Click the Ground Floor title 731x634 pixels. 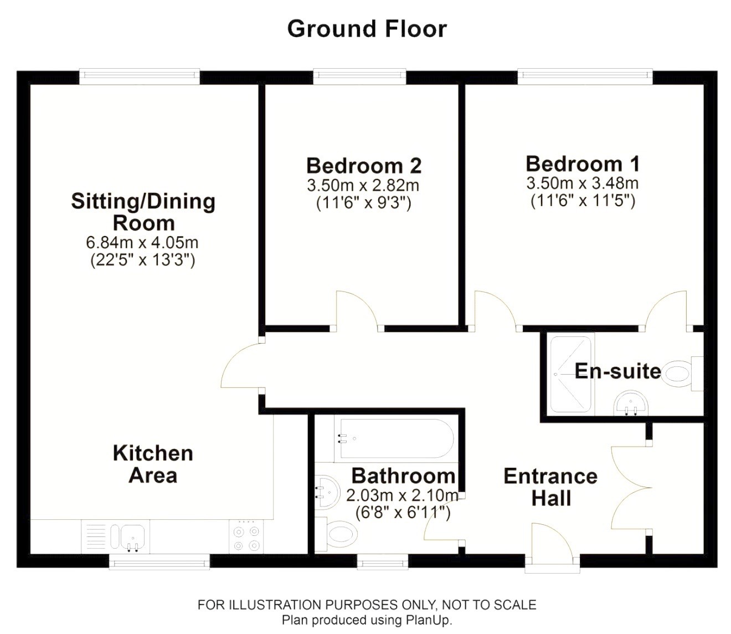(x=367, y=29)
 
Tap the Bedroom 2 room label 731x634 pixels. (x=364, y=166)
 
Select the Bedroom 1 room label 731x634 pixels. (x=583, y=164)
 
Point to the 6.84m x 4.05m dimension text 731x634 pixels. (x=142, y=243)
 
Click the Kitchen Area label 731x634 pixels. (x=153, y=464)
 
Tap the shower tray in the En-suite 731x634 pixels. (x=570, y=375)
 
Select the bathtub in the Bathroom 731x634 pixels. (x=394, y=438)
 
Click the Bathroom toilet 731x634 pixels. (x=336, y=534)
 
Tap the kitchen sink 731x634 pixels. (x=132, y=536)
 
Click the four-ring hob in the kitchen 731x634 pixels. (x=246, y=536)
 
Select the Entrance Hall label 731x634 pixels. (x=551, y=487)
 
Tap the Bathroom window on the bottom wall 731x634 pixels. (x=383, y=562)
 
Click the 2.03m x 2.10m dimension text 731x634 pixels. (x=402, y=495)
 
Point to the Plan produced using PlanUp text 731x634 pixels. (x=367, y=620)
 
